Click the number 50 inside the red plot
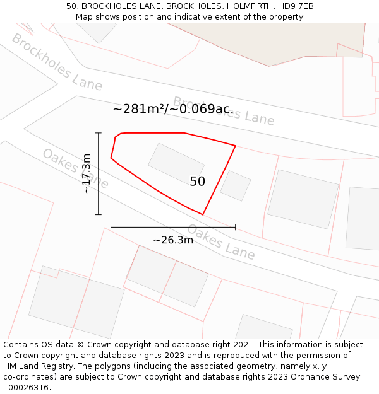tap(197, 182)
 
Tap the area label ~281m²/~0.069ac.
tap(173, 109)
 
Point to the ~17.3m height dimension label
tap(87, 173)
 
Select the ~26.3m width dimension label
tap(173, 240)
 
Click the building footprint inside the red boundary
tap(176, 165)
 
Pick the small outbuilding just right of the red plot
tap(236, 186)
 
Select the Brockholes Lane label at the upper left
tap(56, 61)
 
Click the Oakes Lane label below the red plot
tap(221, 242)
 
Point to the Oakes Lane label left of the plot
tap(75, 168)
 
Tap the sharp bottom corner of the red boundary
tap(202, 214)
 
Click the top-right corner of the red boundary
tap(236, 146)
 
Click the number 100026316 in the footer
tap(26, 388)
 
